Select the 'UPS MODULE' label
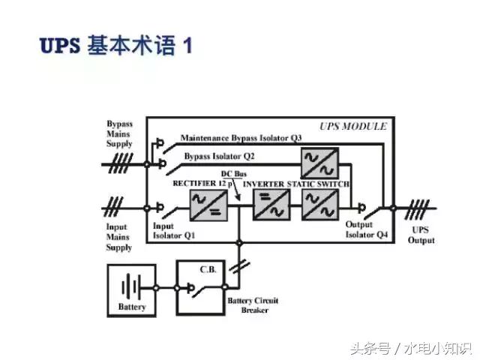(352, 126)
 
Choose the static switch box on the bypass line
(319, 163)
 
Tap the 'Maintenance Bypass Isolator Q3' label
(241, 138)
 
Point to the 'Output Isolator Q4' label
(367, 229)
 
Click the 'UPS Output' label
(421, 235)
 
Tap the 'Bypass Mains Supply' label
(119, 133)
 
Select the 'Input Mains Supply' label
(118, 237)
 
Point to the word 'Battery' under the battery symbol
(132, 307)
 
